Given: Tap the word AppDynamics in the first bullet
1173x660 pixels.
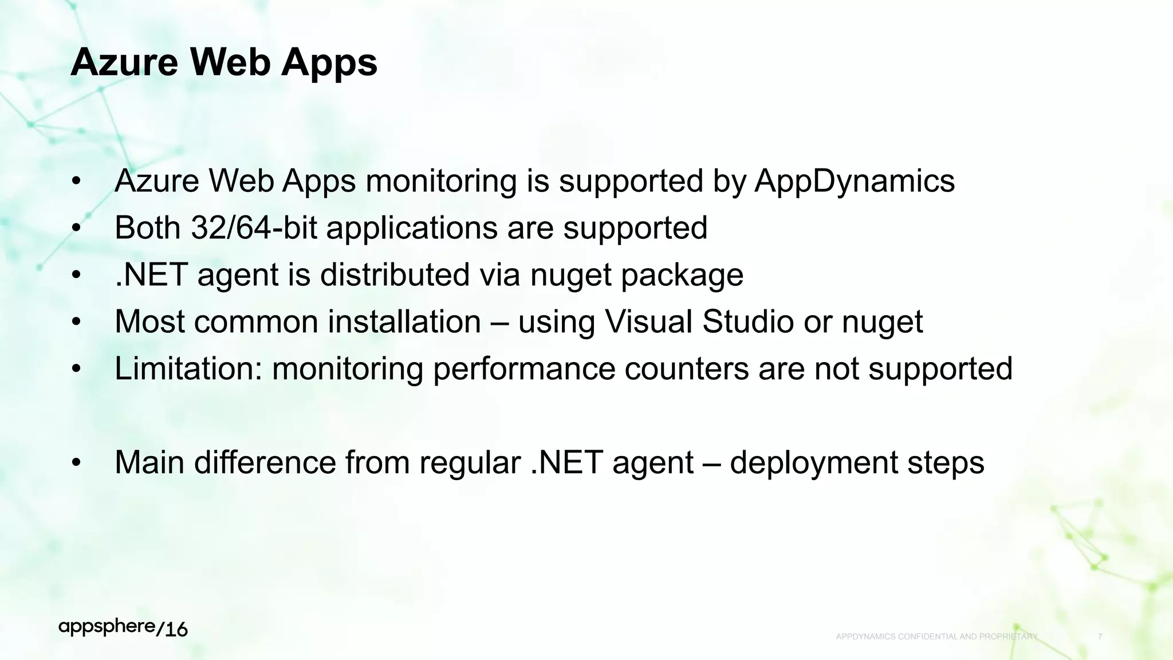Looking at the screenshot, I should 855,181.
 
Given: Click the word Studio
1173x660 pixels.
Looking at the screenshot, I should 748,321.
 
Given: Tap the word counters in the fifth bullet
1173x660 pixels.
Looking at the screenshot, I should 687,368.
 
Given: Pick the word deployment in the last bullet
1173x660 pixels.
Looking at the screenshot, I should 814,463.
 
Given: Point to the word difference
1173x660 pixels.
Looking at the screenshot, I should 265,462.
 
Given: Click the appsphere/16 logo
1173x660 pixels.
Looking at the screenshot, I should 123,628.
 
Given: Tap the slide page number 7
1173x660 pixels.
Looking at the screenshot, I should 1100,637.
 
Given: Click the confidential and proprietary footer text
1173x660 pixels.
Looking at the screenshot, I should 936,637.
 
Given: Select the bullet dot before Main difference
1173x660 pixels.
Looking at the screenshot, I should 77,463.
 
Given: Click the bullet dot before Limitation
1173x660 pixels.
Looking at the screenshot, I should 77,369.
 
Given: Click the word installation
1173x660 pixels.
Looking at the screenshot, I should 404,321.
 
